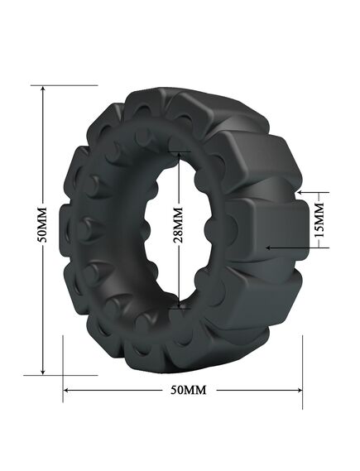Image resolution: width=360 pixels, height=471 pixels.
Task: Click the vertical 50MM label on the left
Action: (x=43, y=224)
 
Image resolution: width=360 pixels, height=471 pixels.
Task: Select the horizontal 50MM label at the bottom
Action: (x=189, y=390)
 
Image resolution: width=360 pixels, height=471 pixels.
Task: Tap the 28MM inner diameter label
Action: (x=179, y=224)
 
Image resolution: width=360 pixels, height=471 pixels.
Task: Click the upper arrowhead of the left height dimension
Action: (x=43, y=89)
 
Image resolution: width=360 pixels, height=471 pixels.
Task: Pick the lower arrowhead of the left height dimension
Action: (x=43, y=372)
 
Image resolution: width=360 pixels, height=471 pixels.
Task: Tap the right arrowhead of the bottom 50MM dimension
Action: (x=299, y=390)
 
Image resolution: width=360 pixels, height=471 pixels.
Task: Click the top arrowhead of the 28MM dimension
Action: (x=180, y=155)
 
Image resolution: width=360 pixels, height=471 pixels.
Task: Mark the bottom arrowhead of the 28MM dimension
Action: (x=180, y=305)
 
